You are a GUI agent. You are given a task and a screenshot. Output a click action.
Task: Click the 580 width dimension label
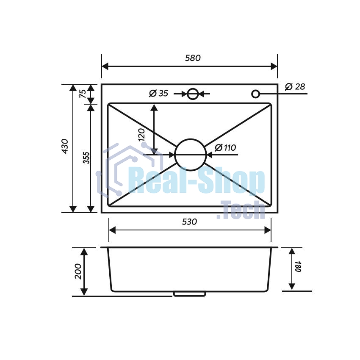(x=193, y=58)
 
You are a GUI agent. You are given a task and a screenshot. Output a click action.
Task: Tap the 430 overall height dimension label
(x=65, y=146)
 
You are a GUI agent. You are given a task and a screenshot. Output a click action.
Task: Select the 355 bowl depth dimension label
(x=86, y=158)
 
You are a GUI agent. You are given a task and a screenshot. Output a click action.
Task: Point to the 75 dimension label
(x=83, y=94)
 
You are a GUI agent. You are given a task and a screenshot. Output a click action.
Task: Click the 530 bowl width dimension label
(x=189, y=222)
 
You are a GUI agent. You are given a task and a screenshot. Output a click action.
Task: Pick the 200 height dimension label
(x=78, y=271)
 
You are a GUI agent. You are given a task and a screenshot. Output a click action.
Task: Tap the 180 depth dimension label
(x=298, y=266)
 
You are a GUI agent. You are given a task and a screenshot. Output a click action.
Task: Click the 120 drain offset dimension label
(x=141, y=135)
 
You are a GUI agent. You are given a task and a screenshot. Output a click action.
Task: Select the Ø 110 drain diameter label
(x=225, y=148)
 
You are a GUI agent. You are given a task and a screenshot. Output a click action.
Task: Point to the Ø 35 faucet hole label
(x=159, y=93)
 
